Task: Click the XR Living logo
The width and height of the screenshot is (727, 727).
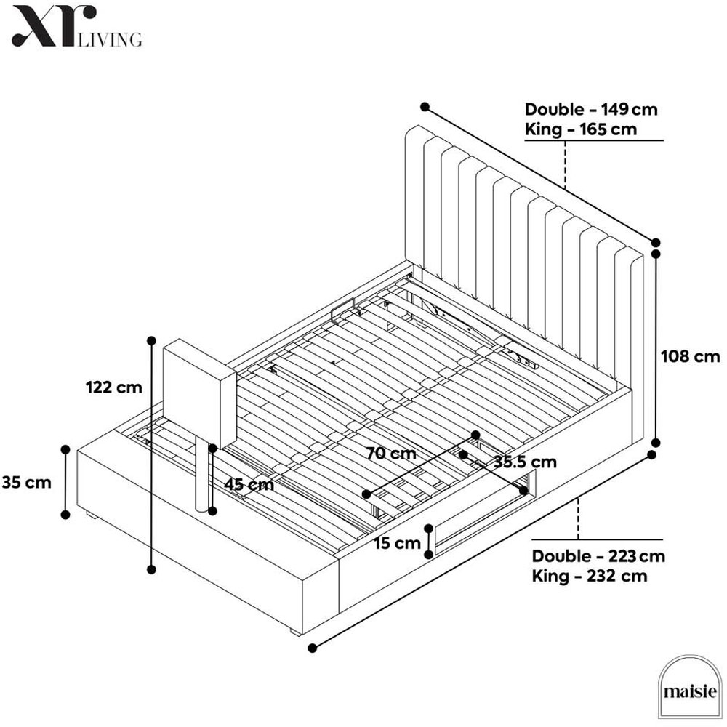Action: pyautogui.click(x=77, y=26)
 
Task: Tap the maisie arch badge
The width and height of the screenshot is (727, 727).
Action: pyautogui.click(x=690, y=688)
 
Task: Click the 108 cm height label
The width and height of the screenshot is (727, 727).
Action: pyautogui.click(x=691, y=356)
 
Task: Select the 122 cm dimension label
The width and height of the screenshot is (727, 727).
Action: pyautogui.click(x=114, y=387)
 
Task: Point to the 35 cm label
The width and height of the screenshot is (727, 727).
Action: pyautogui.click(x=26, y=482)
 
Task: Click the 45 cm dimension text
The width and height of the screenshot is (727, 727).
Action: pyautogui.click(x=249, y=484)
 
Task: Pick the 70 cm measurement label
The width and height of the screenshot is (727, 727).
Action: pyautogui.click(x=391, y=453)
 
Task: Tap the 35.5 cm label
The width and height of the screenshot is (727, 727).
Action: pyautogui.click(x=525, y=462)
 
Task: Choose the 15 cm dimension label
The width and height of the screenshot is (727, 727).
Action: pyautogui.click(x=398, y=543)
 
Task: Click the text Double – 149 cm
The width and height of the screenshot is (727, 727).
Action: pyautogui.click(x=591, y=110)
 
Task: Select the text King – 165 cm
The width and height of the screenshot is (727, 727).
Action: pyautogui.click(x=581, y=129)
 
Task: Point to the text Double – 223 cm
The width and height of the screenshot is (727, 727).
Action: pyautogui.click(x=598, y=556)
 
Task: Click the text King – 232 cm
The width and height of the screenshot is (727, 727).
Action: pyautogui.click(x=590, y=576)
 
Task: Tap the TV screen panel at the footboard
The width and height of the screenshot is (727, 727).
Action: pyautogui.click(x=200, y=393)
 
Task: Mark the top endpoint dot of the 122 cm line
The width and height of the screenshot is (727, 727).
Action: pyautogui.click(x=150, y=341)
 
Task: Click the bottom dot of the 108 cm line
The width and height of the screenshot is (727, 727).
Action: pyautogui.click(x=656, y=442)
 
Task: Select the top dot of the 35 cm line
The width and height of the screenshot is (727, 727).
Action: pyautogui.click(x=65, y=449)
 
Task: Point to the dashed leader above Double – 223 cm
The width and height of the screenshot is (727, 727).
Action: pyautogui.click(x=578, y=519)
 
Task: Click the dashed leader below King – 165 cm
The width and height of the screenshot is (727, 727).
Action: pyautogui.click(x=565, y=164)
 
